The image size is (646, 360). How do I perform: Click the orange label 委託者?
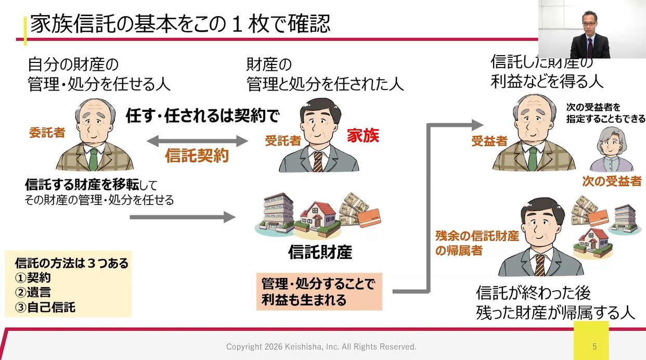[47, 133]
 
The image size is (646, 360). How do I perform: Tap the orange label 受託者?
[283, 140]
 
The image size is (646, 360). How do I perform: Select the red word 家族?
[363, 136]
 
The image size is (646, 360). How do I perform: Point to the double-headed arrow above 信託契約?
[197, 140]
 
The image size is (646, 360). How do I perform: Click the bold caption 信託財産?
[320, 252]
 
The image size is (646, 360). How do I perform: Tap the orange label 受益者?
[489, 141]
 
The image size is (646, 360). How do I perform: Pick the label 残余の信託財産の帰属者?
[477, 243]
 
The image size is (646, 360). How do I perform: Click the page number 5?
[595, 346]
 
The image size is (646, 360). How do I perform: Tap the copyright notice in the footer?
[321, 346]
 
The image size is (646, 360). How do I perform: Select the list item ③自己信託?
[46, 307]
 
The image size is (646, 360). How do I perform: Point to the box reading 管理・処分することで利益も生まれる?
[319, 292]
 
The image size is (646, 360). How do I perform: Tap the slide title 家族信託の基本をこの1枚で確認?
[180, 24]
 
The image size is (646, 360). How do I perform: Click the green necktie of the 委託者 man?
[93, 159]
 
